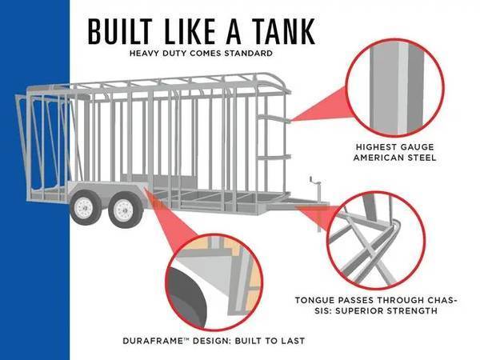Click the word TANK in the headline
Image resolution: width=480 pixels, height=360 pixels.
pyautogui.click(x=285, y=31)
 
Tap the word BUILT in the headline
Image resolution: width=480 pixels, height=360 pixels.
pyautogui.click(x=120, y=31)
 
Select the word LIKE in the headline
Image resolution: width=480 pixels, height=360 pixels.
pyautogui.click(x=190, y=31)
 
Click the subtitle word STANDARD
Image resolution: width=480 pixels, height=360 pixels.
pyautogui.click(x=248, y=54)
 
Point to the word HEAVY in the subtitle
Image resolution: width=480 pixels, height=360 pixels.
pyautogui.click(x=144, y=54)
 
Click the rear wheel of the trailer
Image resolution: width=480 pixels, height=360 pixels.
pyautogui.click(x=86, y=207)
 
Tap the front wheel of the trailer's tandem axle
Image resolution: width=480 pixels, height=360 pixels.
pyautogui.click(x=126, y=210)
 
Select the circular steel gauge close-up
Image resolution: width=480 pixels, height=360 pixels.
pyautogui.click(x=395, y=88)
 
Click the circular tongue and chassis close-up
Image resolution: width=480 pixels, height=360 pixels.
pyautogui.click(x=376, y=241)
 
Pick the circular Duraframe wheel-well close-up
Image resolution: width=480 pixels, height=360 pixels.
pyautogui.click(x=214, y=282)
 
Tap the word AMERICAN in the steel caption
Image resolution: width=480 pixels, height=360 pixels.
pyautogui.click(x=378, y=158)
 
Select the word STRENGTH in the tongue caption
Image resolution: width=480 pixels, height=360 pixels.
pyautogui.click(x=412, y=311)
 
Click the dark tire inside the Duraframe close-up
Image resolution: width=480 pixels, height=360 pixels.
pyautogui.click(x=186, y=295)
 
